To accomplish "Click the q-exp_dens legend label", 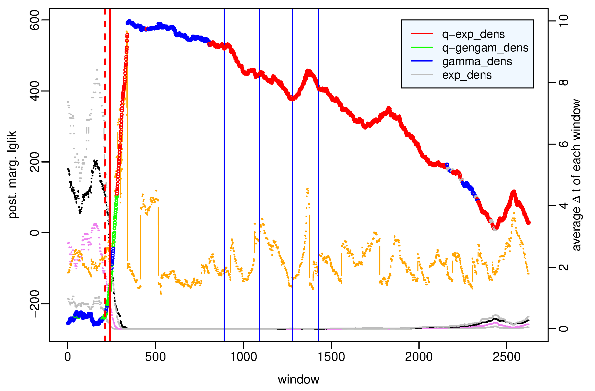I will pyautogui.click(x=473, y=34).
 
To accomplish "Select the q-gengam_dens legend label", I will pyautogui.click(x=485, y=48).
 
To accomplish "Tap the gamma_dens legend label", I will pyautogui.click(x=477, y=61).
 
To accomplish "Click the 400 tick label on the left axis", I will pyautogui.click(x=34, y=91).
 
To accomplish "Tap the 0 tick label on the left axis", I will pyautogui.click(x=34, y=233).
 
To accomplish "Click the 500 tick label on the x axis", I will pyautogui.click(x=155, y=357).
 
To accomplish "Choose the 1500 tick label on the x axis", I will pyautogui.click(x=331, y=357).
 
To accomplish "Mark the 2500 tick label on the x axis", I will pyautogui.click(x=507, y=357).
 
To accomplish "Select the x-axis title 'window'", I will pyautogui.click(x=299, y=380).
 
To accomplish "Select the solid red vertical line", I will pyautogui.click(x=110, y=125).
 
